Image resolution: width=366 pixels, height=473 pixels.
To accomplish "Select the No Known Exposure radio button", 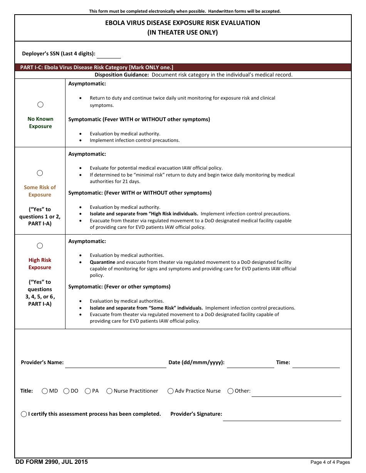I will click(40, 105).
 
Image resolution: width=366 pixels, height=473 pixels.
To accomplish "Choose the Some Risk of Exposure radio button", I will click(40, 173).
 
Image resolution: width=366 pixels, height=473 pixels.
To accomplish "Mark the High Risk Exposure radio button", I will click(40, 246).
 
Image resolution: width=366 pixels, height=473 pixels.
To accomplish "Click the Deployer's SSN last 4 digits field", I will click(109, 54).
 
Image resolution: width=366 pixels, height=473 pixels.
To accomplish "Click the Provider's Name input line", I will click(116, 363).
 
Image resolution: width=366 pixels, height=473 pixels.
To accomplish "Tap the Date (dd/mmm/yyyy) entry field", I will click(250, 363).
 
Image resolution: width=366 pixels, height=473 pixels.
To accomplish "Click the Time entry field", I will click(316, 363).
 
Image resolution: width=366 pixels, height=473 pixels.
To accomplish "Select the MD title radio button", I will click(45, 391).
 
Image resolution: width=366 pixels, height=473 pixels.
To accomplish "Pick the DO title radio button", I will click(66, 391).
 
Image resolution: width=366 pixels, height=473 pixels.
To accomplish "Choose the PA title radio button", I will click(88, 391).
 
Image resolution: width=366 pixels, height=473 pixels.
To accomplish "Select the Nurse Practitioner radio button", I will click(109, 391).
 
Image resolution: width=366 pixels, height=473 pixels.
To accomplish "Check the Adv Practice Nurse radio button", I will click(171, 391).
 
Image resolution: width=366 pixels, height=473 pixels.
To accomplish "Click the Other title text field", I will click(296, 392).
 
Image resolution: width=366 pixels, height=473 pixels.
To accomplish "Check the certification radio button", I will click(24, 414).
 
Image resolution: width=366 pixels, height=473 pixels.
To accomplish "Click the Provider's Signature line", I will click(282, 416).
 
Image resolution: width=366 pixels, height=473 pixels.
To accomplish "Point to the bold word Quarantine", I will click(102, 262).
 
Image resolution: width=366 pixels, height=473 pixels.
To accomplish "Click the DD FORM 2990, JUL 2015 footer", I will click(52, 462).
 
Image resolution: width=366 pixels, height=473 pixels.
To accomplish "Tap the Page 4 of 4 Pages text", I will click(330, 462).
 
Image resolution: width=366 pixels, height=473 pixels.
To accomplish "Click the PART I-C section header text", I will click(97, 67).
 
